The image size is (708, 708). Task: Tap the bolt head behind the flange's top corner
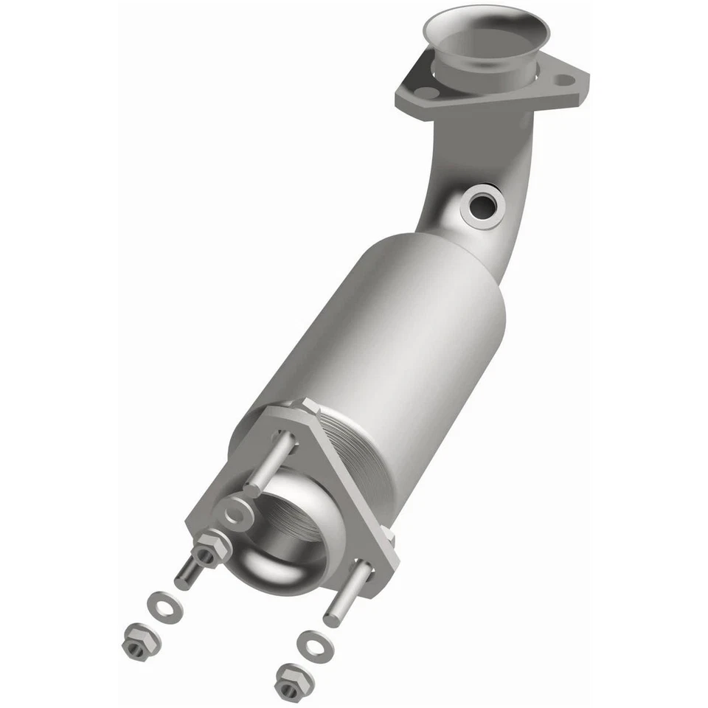tap(304, 407)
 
